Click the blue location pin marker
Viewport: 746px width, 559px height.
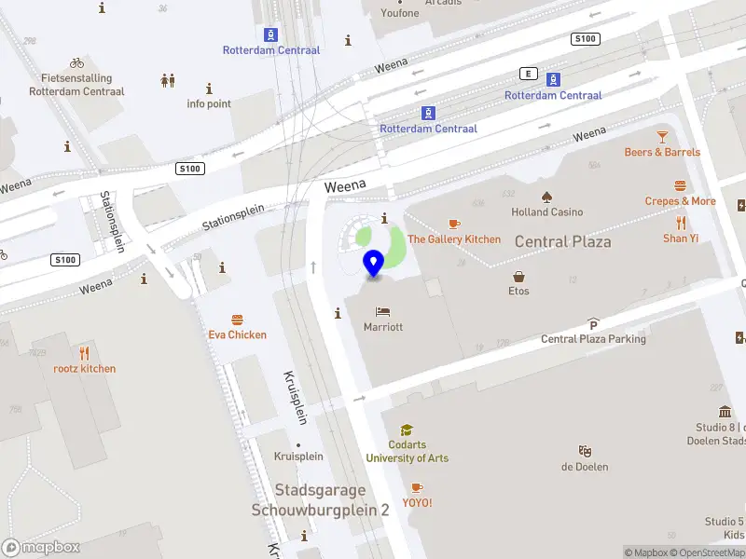pos(374,264)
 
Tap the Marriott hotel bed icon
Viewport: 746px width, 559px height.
pos(382,311)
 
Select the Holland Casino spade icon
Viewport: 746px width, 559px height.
pos(546,197)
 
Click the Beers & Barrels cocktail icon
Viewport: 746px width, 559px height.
pos(662,137)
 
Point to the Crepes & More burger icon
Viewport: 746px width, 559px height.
pos(681,185)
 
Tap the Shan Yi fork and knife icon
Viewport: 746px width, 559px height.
pos(681,223)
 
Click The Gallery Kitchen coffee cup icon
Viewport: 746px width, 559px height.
pos(454,224)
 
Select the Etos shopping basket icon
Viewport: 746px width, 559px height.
pos(518,276)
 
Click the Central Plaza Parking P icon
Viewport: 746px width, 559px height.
pos(593,324)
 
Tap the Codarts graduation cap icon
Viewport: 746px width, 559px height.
pos(407,430)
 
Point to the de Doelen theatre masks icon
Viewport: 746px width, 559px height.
pos(585,451)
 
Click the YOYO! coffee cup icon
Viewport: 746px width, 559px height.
pos(417,487)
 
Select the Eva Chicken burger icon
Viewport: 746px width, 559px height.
pos(237,320)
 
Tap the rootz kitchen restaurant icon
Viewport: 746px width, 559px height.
pos(84,353)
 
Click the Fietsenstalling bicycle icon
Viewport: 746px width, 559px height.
pos(76,63)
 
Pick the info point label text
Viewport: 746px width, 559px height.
pos(209,103)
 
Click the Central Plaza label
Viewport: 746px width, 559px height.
pos(562,241)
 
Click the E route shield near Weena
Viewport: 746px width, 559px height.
pos(530,74)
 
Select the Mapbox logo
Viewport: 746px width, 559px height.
pos(41,548)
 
